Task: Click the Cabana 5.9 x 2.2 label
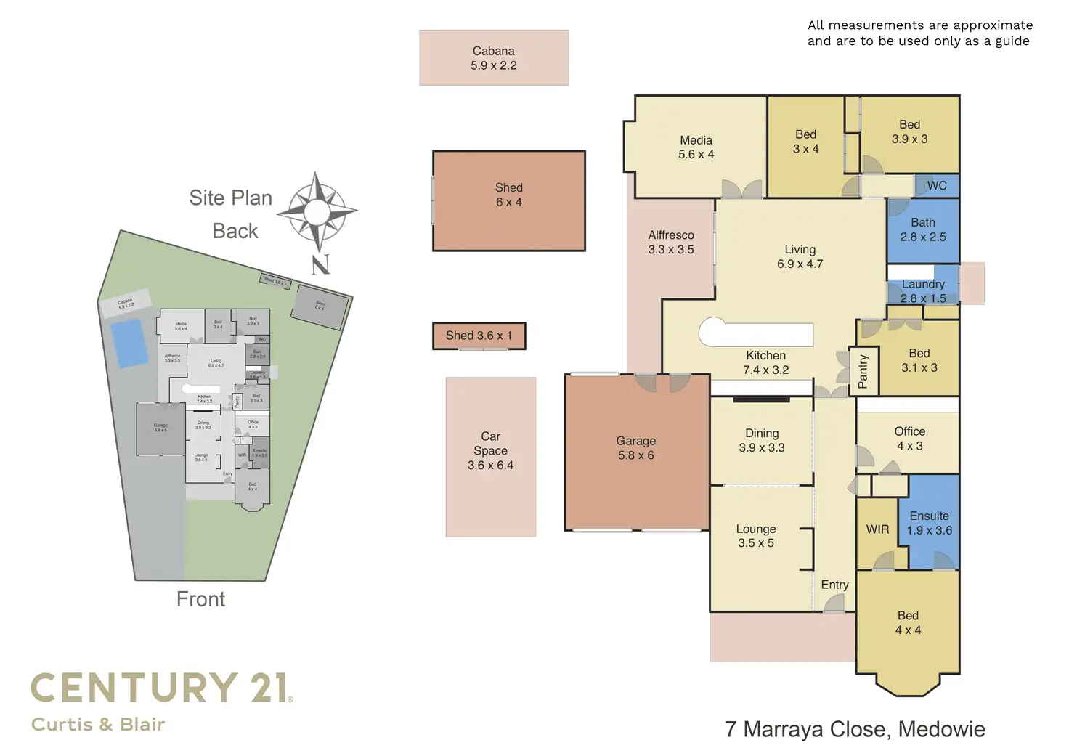pyautogui.click(x=494, y=58)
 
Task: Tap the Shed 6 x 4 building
pyautogui.click(x=508, y=201)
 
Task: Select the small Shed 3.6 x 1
pyautogui.click(x=479, y=336)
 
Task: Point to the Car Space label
pyautogui.click(x=490, y=450)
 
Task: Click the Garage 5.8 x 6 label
pyautogui.click(x=635, y=448)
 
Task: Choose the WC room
pyautogui.click(x=937, y=185)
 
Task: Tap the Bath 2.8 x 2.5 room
pyautogui.click(x=922, y=230)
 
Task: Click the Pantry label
pyautogui.click(x=863, y=371)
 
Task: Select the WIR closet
pyautogui.click(x=877, y=529)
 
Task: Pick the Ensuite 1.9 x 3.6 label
pyautogui.click(x=929, y=523)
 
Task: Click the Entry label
pyautogui.click(x=834, y=585)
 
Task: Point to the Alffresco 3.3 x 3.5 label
pyautogui.click(x=671, y=242)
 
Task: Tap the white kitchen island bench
pyautogui.click(x=755, y=334)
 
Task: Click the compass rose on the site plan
pyautogui.click(x=317, y=211)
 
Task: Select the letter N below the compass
pyautogui.click(x=320, y=264)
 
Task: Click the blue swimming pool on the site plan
pyautogui.click(x=127, y=342)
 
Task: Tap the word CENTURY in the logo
pyautogui.click(x=134, y=688)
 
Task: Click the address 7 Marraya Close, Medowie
pyautogui.click(x=855, y=729)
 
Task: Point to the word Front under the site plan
pyautogui.click(x=200, y=599)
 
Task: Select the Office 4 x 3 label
pyautogui.click(x=909, y=439)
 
